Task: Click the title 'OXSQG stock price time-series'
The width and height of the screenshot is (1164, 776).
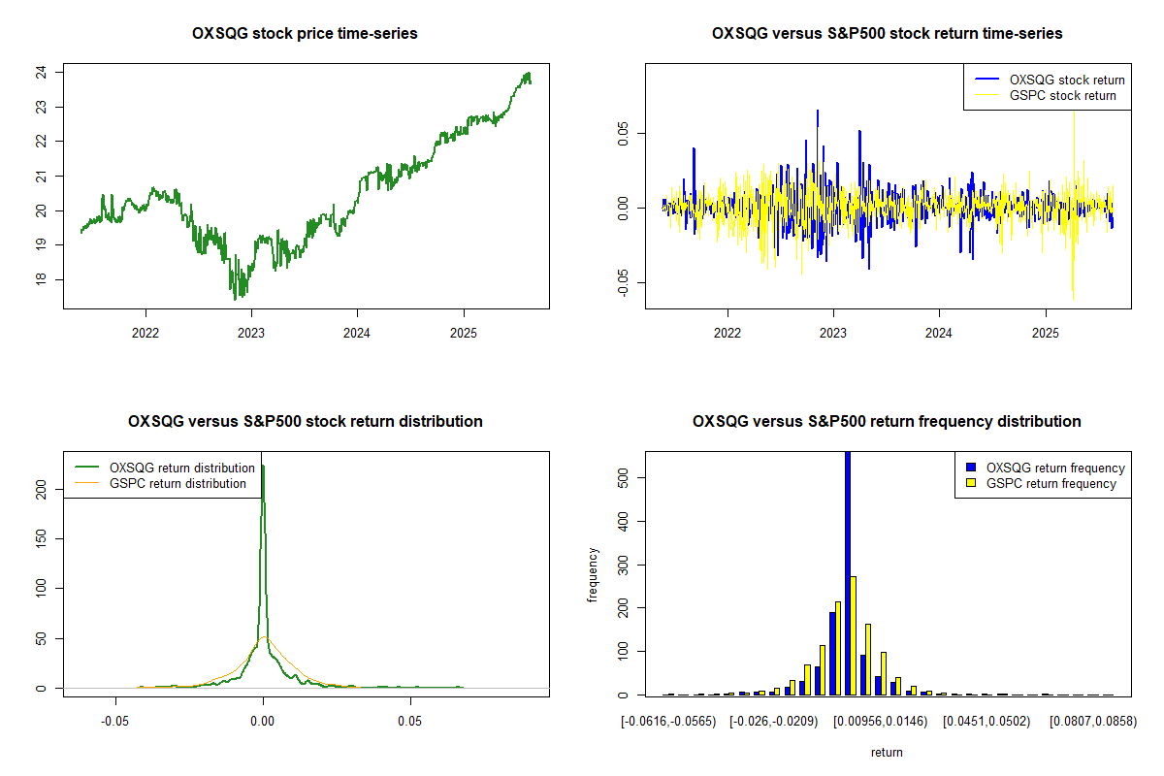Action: click(x=306, y=34)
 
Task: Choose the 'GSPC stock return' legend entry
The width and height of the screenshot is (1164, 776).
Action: click(x=1062, y=95)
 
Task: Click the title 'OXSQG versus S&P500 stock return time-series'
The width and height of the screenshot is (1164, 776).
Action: click(x=887, y=34)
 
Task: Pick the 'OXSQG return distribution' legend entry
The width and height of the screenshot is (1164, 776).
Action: click(x=182, y=468)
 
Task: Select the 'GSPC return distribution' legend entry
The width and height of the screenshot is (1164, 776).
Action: click(x=178, y=483)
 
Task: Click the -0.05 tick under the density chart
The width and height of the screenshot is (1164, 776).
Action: click(x=115, y=722)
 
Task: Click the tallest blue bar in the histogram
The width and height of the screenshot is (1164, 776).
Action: click(x=848, y=572)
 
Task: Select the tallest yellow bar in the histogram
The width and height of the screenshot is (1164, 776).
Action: click(x=854, y=635)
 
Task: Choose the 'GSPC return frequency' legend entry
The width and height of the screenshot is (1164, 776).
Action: click(x=1051, y=483)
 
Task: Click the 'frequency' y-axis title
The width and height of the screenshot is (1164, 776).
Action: click(x=593, y=575)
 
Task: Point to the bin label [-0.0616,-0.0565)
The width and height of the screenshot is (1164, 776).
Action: click(x=675, y=722)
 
